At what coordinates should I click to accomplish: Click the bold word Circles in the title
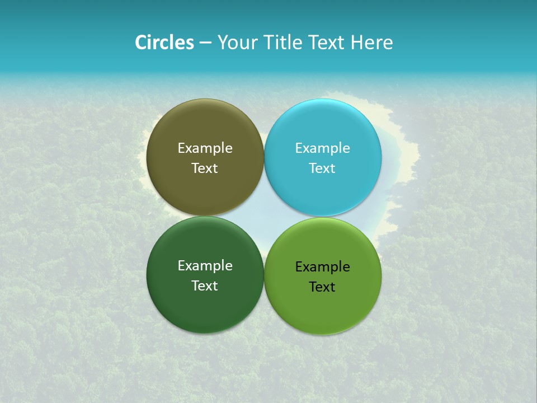point(164,43)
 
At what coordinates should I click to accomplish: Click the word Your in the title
point(236,43)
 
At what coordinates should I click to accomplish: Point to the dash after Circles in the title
point(205,43)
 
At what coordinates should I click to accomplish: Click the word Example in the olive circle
point(205,148)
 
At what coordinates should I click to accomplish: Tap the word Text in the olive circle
point(205,168)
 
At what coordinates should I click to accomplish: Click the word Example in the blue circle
point(322,148)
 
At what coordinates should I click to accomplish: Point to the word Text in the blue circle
point(322,168)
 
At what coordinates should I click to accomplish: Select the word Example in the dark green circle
point(205,266)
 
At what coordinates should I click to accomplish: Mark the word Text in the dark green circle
point(205,286)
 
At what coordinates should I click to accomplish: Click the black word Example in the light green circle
point(322,267)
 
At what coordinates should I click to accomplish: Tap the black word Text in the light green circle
point(322,287)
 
